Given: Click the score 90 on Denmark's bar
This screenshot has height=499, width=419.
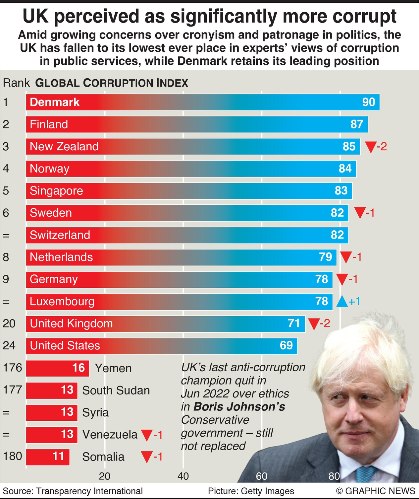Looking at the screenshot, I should pyautogui.click(x=368, y=102).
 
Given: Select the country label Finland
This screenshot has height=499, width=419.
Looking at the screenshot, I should pyautogui.click(x=49, y=124).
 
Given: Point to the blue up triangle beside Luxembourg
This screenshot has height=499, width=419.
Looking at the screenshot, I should pyautogui.click(x=342, y=302).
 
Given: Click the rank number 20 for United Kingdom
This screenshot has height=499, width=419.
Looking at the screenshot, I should pyautogui.click(x=9, y=323).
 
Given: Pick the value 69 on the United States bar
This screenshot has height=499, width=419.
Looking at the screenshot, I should pyautogui.click(x=286, y=346).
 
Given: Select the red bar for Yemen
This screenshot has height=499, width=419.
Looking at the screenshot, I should pyautogui.click(x=57, y=368).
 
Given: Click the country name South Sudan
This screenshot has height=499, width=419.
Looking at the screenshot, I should pyautogui.click(x=116, y=391).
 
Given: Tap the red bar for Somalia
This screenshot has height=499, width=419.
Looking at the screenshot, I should pyautogui.click(x=48, y=457).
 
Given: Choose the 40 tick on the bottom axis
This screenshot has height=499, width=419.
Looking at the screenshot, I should pyautogui.click(x=183, y=476).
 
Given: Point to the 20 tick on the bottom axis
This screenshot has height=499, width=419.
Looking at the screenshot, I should pyautogui.click(x=105, y=476).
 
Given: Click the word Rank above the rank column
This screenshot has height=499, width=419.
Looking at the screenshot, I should pyautogui.click(x=16, y=83).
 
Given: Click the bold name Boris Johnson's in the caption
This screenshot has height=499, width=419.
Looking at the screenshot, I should pyautogui.click(x=239, y=407).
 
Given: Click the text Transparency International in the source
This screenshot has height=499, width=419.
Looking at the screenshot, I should pyautogui.click(x=89, y=491).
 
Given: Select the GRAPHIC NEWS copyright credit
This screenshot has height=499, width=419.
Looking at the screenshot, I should pyautogui.click(x=375, y=491).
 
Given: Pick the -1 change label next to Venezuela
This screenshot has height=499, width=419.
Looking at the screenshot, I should pyautogui.click(x=158, y=435).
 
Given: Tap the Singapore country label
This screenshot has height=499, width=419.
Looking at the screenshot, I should pyautogui.click(x=56, y=191).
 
